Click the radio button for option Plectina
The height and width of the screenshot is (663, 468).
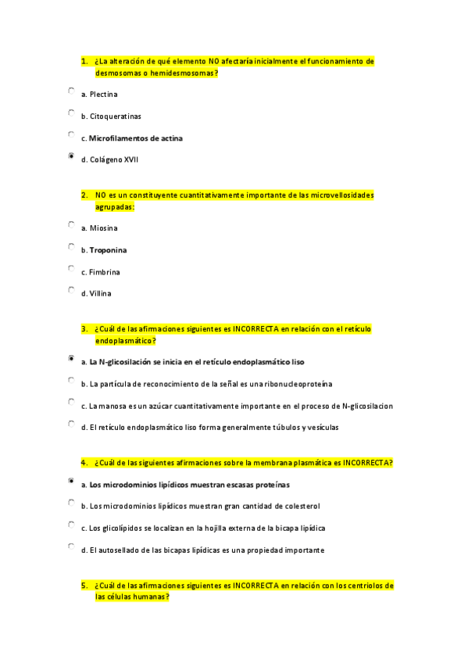coord(71,91)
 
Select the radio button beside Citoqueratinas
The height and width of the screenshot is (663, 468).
coord(71,113)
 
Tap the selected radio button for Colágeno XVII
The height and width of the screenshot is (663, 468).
coord(71,156)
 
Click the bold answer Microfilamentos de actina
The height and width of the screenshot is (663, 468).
coord(136,138)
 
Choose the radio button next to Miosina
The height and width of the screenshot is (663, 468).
coord(71,224)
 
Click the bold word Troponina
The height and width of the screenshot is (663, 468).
coord(108,250)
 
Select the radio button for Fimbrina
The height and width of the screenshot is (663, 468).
coord(71,268)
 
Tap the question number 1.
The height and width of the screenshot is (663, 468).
coord(84,61)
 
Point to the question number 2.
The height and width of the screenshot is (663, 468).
coord(84,195)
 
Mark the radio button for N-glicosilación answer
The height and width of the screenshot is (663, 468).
coord(71,359)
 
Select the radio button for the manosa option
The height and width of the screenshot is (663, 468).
coord(71,402)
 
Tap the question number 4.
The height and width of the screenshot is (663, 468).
coord(84,463)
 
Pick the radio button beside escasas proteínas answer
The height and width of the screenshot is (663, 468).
coord(71,481)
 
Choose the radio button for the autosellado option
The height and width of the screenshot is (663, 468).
coord(71,547)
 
